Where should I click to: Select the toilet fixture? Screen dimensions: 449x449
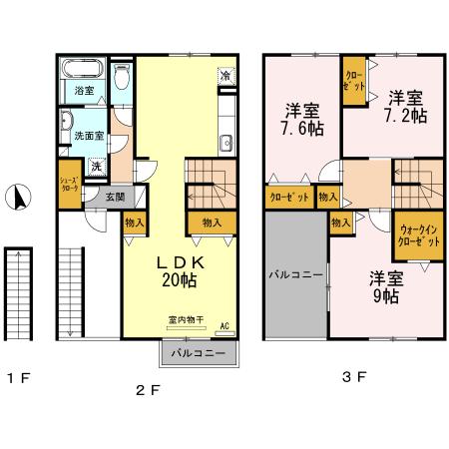(x=121, y=75)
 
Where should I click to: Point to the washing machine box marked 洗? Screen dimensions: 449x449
(x=96, y=167)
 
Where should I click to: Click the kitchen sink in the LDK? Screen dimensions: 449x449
(x=226, y=140)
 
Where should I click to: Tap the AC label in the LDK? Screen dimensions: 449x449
(x=224, y=325)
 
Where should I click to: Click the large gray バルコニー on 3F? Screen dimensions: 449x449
(x=294, y=271)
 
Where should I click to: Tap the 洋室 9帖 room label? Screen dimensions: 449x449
(x=384, y=286)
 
